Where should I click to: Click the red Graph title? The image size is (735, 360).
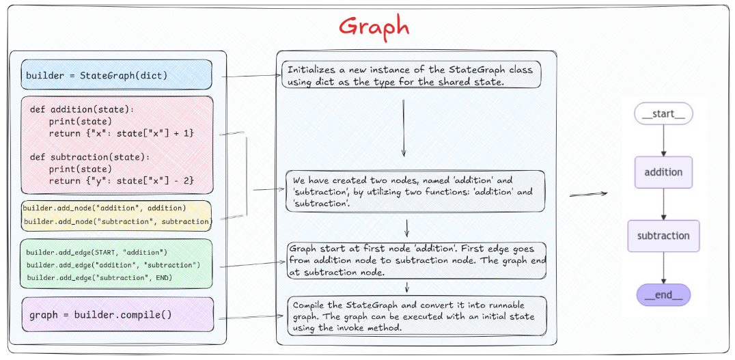click(x=374, y=27)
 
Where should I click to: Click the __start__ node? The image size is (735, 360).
click(x=663, y=113)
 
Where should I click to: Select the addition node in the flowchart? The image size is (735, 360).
click(x=663, y=172)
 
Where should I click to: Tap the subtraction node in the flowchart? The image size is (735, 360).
click(x=663, y=236)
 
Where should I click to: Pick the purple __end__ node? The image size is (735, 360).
click(x=663, y=295)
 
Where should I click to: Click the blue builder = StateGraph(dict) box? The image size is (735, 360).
click(x=116, y=75)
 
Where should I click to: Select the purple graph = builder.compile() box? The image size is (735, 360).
click(x=117, y=315)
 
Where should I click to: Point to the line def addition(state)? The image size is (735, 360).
click(x=83, y=109)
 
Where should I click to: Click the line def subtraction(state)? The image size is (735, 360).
click(x=89, y=156)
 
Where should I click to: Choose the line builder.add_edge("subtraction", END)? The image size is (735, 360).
click(x=100, y=277)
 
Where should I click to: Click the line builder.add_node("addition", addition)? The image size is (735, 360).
click(x=104, y=208)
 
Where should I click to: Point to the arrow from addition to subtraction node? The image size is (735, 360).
click(x=663, y=204)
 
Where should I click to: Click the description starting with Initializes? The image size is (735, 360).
click(x=411, y=75)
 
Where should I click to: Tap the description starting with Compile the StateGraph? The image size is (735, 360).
click(x=413, y=316)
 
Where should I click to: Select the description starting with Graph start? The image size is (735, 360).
click(x=417, y=260)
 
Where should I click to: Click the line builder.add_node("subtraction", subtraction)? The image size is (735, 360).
click(x=116, y=221)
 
